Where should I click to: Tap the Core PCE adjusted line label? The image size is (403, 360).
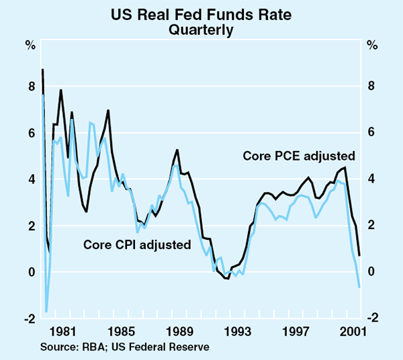299,156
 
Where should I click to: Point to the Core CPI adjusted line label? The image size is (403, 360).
137,244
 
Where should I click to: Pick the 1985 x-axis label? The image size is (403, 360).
121,332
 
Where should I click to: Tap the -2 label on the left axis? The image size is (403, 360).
29,318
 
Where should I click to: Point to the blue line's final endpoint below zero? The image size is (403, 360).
360,287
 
